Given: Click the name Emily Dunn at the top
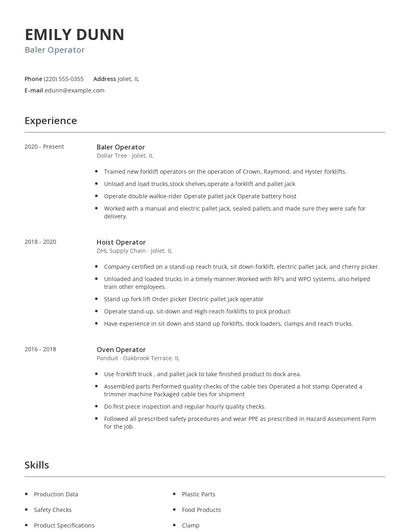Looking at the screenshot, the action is pyautogui.click(x=75, y=34).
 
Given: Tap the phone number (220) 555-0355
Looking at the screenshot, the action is pyautogui.click(x=65, y=78).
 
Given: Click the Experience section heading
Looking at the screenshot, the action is pyautogui.click(x=50, y=121).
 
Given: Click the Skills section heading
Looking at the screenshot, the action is pyautogui.click(x=37, y=465).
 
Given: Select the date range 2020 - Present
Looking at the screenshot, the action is pyautogui.click(x=44, y=147).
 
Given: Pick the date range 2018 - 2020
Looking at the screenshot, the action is pyautogui.click(x=41, y=242).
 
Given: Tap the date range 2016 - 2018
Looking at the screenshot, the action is pyautogui.click(x=41, y=350).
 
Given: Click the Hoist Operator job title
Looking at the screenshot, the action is pyautogui.click(x=120, y=242).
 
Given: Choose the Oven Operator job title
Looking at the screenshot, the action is pyautogui.click(x=120, y=350).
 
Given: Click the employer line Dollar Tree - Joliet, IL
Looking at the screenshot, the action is pyautogui.click(x=125, y=156).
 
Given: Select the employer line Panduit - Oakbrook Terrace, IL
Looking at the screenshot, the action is pyautogui.click(x=138, y=358).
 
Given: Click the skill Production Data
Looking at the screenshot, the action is pyautogui.click(x=56, y=494).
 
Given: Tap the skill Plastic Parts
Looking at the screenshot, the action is pyautogui.click(x=198, y=494).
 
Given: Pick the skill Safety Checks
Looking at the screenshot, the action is pyautogui.click(x=53, y=509).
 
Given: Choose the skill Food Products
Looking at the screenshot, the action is pyautogui.click(x=202, y=509).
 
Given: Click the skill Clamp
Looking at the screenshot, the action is pyautogui.click(x=191, y=525).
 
